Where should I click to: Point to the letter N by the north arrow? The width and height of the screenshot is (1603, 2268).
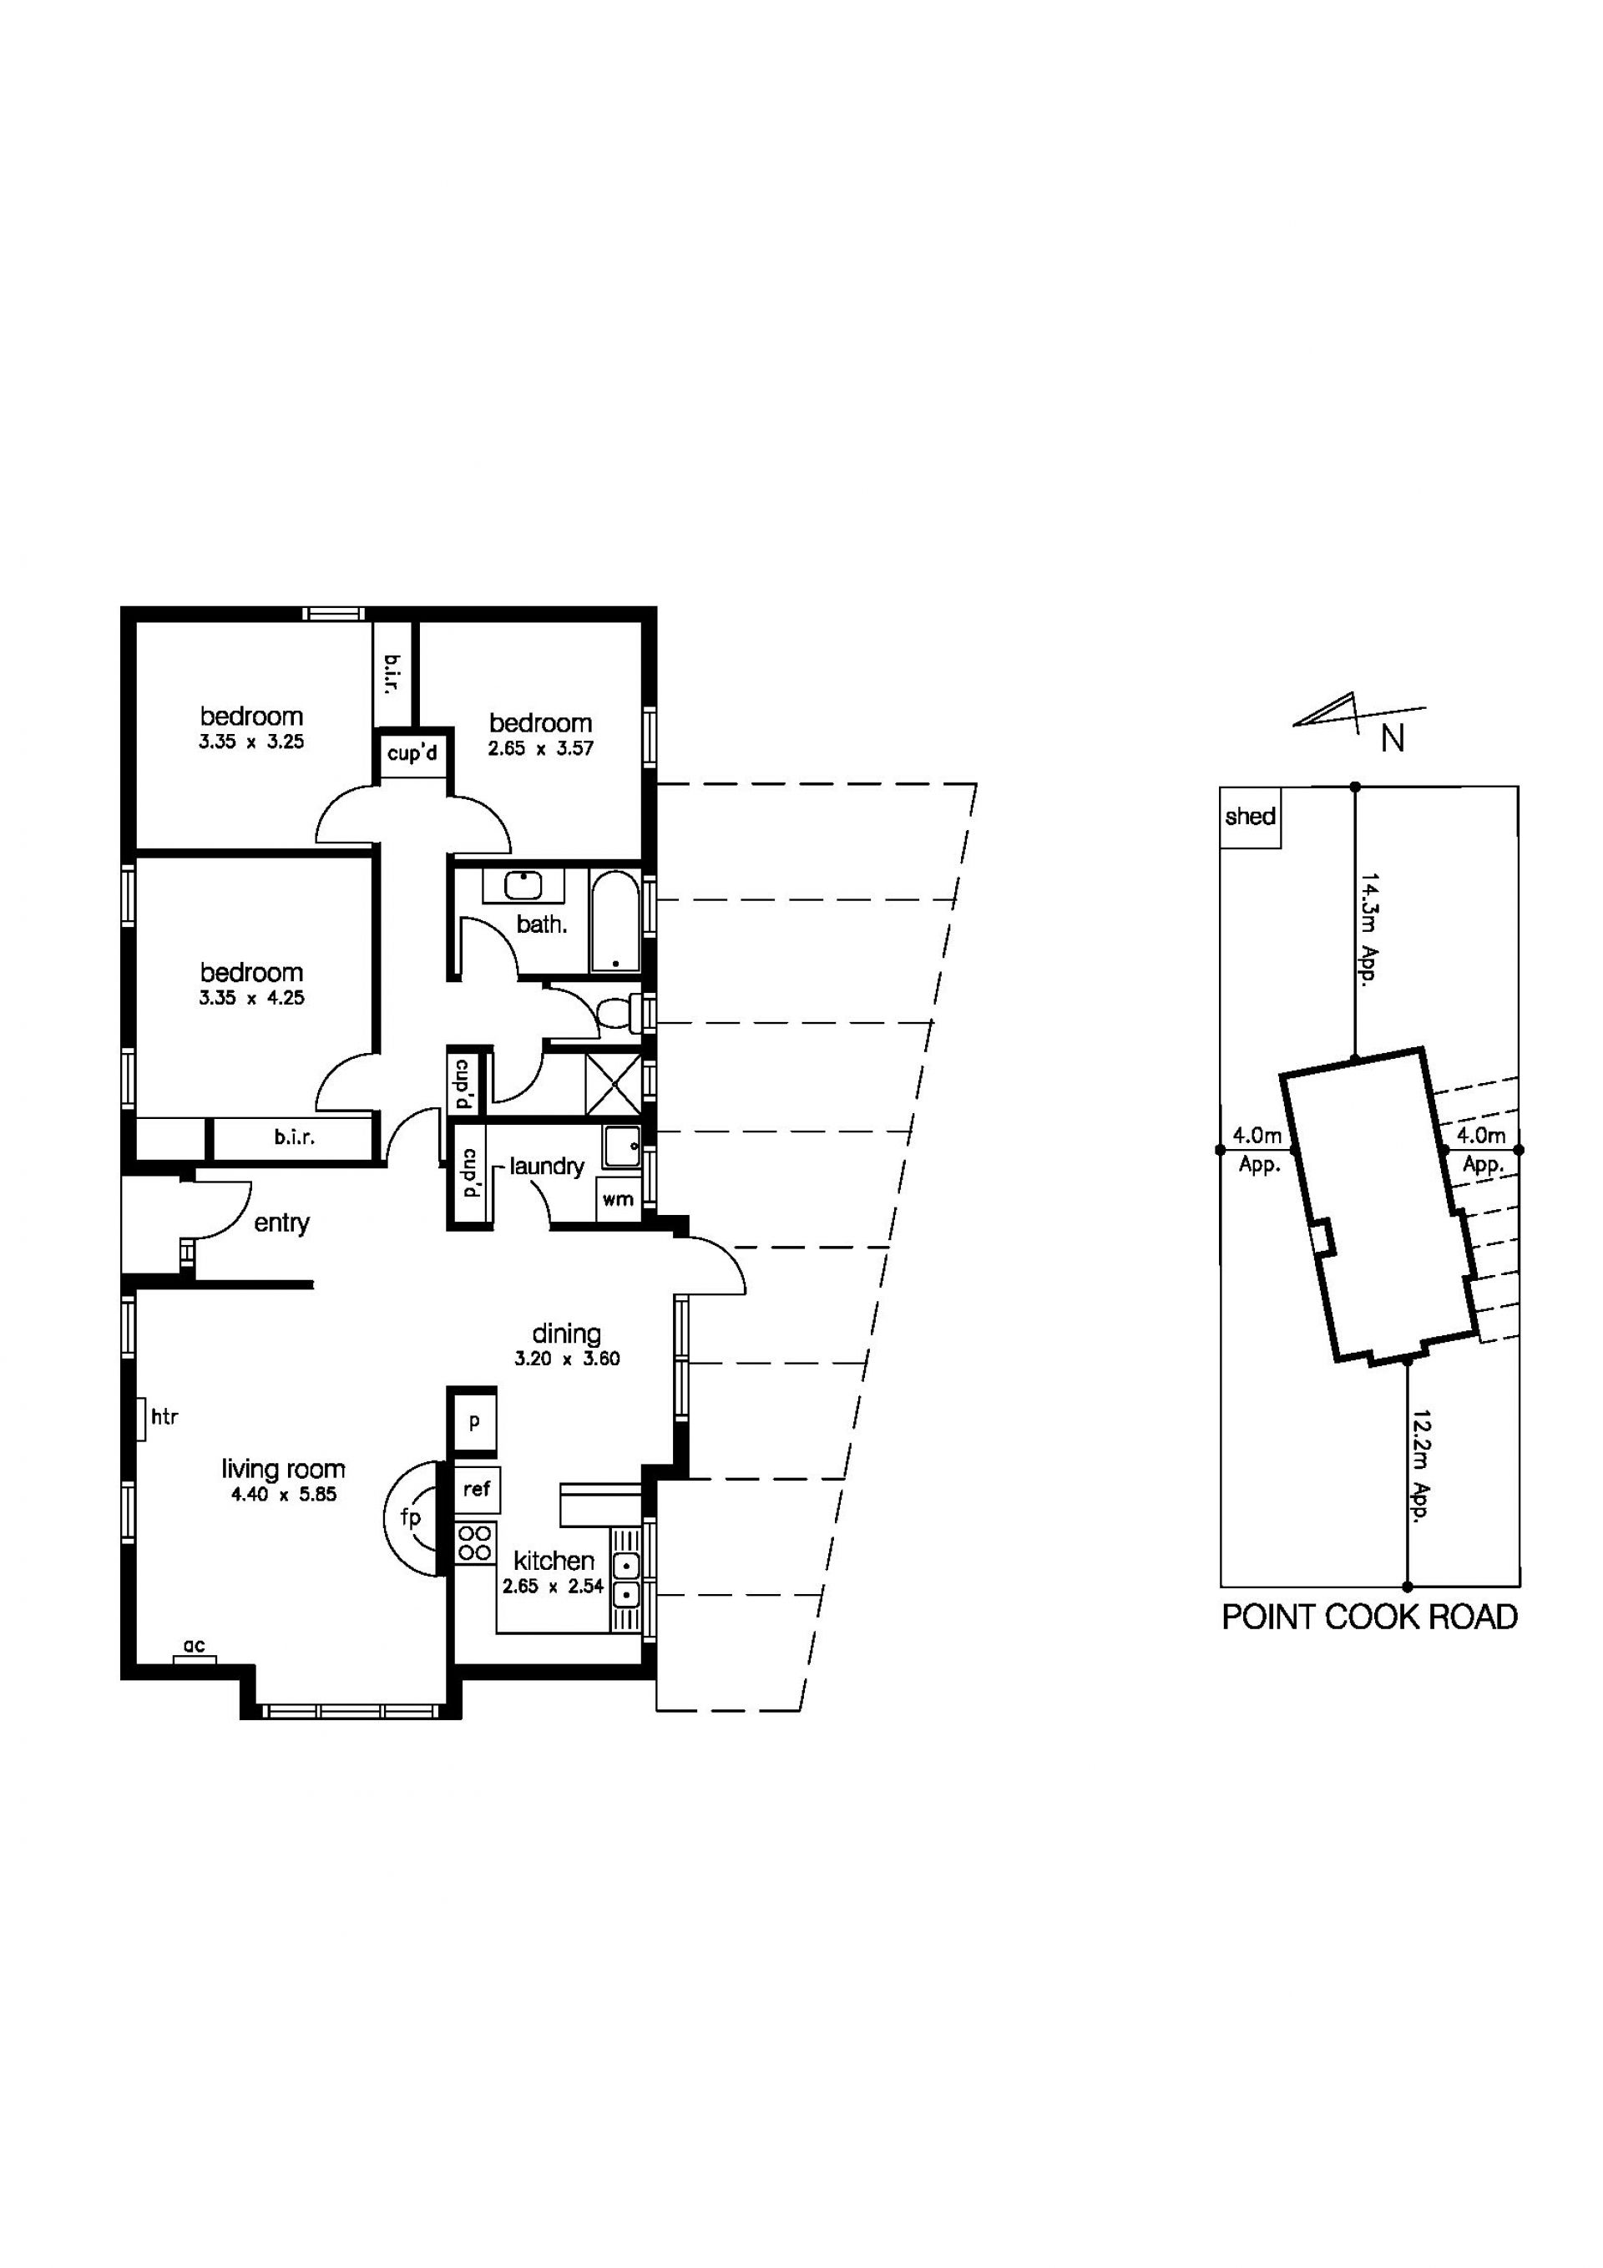1393,739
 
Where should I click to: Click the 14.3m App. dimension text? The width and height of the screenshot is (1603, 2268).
1368,928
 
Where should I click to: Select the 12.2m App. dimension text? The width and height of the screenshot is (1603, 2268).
1421,1466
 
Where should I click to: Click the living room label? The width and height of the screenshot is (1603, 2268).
284,1469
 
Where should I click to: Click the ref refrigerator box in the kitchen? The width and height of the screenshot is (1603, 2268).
476,1489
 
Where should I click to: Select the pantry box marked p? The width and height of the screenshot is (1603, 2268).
474,1421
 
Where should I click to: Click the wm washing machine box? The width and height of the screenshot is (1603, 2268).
619,1199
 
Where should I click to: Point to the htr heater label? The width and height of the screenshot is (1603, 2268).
164,1418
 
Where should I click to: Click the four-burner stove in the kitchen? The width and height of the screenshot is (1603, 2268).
475,1544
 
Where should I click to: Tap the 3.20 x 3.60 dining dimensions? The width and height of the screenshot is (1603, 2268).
567,1359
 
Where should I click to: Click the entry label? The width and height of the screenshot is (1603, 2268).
281,1224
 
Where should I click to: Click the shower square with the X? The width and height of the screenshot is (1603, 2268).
614,1084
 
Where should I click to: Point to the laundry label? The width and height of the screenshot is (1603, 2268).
547,1167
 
